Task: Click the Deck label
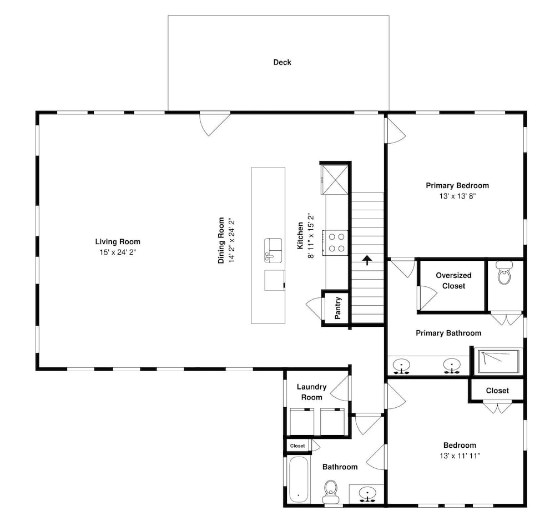tap(282, 62)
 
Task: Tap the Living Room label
tap(118, 242)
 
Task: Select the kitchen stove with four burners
tap(336, 243)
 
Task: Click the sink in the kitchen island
tap(273, 250)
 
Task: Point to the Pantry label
tap(337, 308)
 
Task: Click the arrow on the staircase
tap(367, 260)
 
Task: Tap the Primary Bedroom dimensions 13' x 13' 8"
tap(457, 196)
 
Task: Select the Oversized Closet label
tap(453, 281)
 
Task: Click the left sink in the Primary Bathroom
tap(401, 366)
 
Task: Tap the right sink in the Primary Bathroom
tap(452, 366)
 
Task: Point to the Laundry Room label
tap(311, 392)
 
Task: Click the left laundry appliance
tap(301, 422)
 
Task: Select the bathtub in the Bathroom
tap(299, 479)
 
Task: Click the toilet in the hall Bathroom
tap(331, 492)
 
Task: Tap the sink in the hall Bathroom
tap(367, 494)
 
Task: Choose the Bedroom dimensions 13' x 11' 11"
tap(460, 456)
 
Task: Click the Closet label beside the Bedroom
tap(497, 391)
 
